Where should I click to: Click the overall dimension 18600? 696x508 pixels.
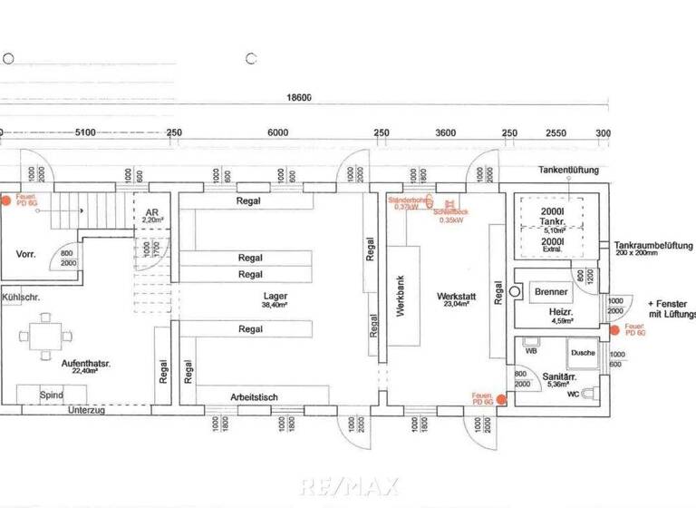click(x=298, y=98)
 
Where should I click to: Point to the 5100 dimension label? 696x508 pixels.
click(x=84, y=132)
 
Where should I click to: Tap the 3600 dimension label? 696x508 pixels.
click(x=445, y=132)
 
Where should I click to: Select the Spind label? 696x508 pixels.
click(x=52, y=396)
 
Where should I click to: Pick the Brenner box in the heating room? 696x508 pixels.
click(x=552, y=292)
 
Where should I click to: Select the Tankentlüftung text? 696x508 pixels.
click(x=568, y=170)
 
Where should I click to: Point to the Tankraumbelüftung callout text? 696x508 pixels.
click(x=652, y=246)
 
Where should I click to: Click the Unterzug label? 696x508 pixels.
click(x=87, y=411)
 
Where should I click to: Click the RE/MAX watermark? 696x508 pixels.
click(x=349, y=485)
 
